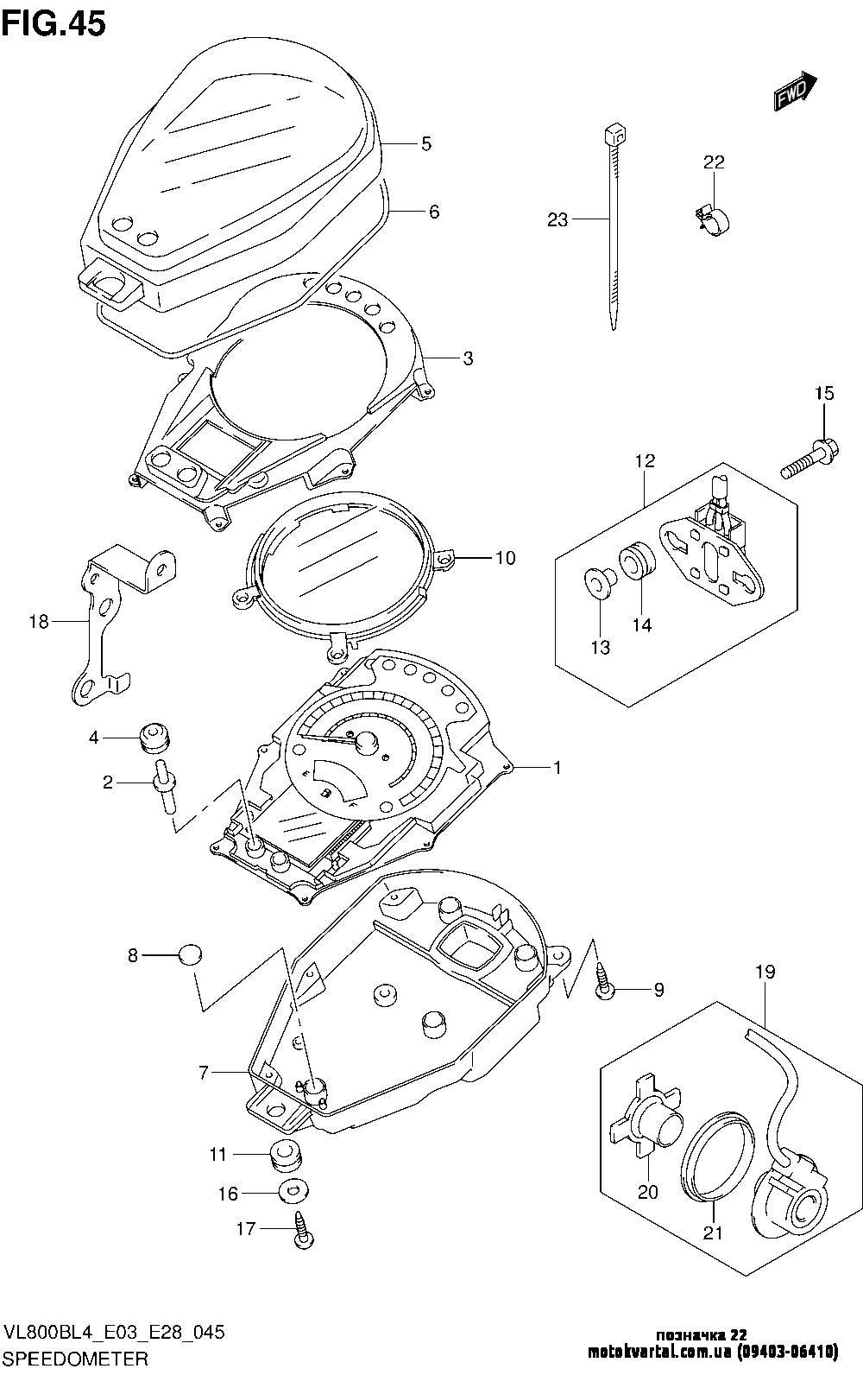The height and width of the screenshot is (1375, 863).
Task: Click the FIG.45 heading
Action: point(54,24)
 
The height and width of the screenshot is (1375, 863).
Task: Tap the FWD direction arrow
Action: point(796,90)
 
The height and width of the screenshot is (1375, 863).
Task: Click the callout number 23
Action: point(557,219)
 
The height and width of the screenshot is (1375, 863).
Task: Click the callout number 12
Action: point(646,460)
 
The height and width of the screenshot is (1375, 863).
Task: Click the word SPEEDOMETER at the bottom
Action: point(77,1359)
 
